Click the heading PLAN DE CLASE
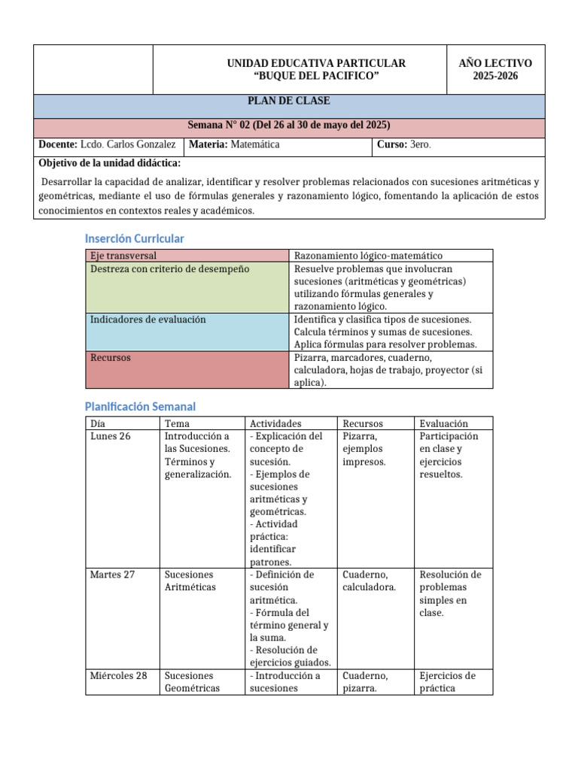point(289,101)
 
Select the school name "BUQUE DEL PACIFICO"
point(316,76)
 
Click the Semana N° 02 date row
point(289,125)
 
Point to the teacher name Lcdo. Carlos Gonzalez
point(127,144)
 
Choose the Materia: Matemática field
point(234,144)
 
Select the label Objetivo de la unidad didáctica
point(109,163)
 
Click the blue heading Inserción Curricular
point(134,238)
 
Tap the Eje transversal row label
point(123,256)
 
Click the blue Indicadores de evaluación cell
point(148,320)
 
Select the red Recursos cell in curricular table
point(111,358)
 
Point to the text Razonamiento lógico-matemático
point(368,256)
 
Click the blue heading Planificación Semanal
point(140,406)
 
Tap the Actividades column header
point(275,423)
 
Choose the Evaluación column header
point(443,423)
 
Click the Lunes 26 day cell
point(110,436)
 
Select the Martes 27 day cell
point(112,574)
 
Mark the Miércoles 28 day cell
point(118,675)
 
